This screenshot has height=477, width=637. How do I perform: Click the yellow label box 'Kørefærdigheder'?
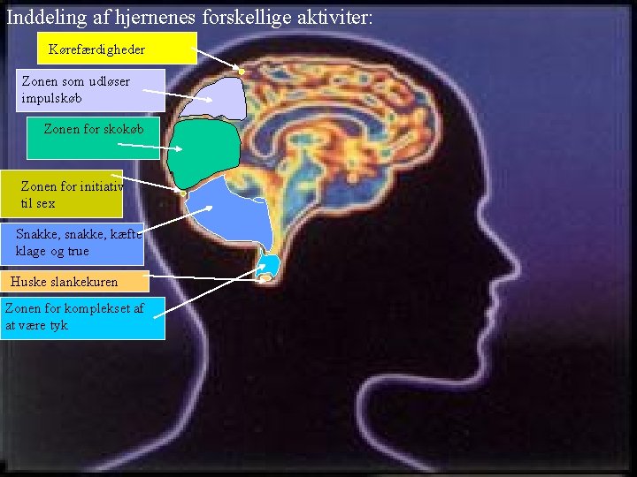(x=116, y=49)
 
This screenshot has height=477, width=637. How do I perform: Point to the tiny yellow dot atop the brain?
(x=241, y=71)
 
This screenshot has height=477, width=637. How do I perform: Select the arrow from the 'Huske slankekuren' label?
(x=203, y=279)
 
